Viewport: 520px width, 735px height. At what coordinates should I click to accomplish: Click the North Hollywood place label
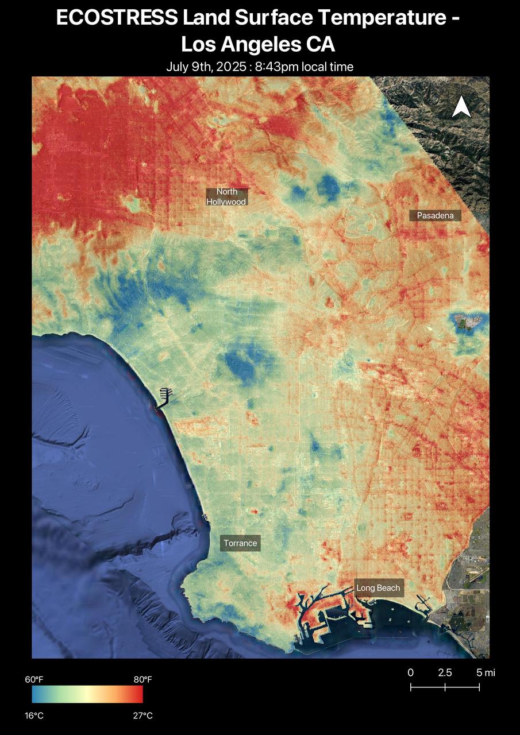coord(227,196)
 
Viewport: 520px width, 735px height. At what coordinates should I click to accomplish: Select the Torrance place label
coord(240,543)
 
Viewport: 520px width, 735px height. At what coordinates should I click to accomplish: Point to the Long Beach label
coord(378,588)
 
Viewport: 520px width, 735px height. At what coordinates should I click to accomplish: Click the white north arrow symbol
coord(461,107)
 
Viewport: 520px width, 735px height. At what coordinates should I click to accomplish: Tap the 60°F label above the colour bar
coord(34,680)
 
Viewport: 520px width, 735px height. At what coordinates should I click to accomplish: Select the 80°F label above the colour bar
coord(143,680)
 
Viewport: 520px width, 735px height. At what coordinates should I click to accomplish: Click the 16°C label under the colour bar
coord(34,715)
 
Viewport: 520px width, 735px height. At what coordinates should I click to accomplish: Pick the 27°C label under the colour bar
coord(143,715)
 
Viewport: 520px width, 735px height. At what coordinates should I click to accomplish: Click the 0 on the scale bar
coord(410,673)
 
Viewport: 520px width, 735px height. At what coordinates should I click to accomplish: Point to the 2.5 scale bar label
coord(445,673)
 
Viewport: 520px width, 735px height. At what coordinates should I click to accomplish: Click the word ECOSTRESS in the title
coord(117,18)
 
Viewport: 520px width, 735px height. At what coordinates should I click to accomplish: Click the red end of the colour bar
coord(138,695)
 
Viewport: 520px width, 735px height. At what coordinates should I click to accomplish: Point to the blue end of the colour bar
coord(36,695)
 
